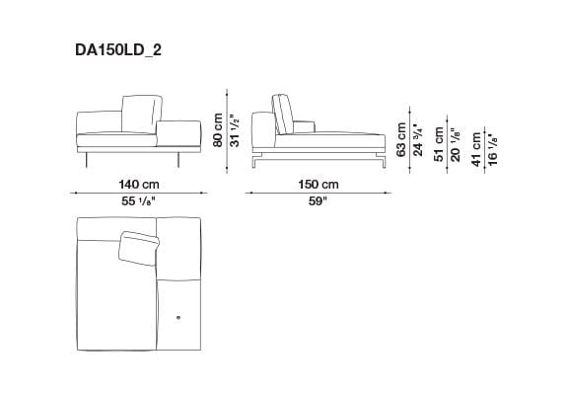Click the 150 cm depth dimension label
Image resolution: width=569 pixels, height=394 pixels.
pos(318,185)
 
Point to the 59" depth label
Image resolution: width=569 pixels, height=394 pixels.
pos(318,202)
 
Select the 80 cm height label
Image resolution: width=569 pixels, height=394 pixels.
pos(218,130)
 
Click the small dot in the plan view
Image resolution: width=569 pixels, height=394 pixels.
pos(178,317)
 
